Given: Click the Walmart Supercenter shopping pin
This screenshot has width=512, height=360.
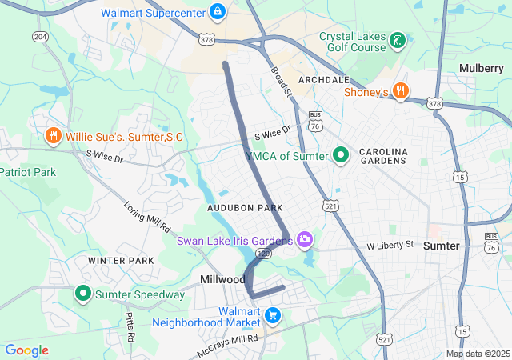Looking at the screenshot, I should pos(216,13).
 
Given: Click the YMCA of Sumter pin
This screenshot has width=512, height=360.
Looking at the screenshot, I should pos(341,155).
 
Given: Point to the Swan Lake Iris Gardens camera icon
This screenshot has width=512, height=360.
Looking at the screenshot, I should pos(304,239).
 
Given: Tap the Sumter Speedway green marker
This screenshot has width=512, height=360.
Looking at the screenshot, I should pos(82,294).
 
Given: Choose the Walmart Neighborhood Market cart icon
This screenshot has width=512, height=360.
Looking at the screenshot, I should pos(274,315).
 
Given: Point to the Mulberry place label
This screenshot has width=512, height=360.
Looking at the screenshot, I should pos(481,69).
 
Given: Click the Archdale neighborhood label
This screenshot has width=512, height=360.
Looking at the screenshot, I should pos(323,81).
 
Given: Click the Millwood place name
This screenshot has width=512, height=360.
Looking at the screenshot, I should pos(222,279).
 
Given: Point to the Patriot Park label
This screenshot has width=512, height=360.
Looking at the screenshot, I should pos(28,172).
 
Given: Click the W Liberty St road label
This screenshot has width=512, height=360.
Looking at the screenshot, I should pos(390,244).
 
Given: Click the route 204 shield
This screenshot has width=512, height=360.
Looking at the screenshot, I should pos(40,37).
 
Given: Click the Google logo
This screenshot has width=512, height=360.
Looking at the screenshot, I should pos(26,350).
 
